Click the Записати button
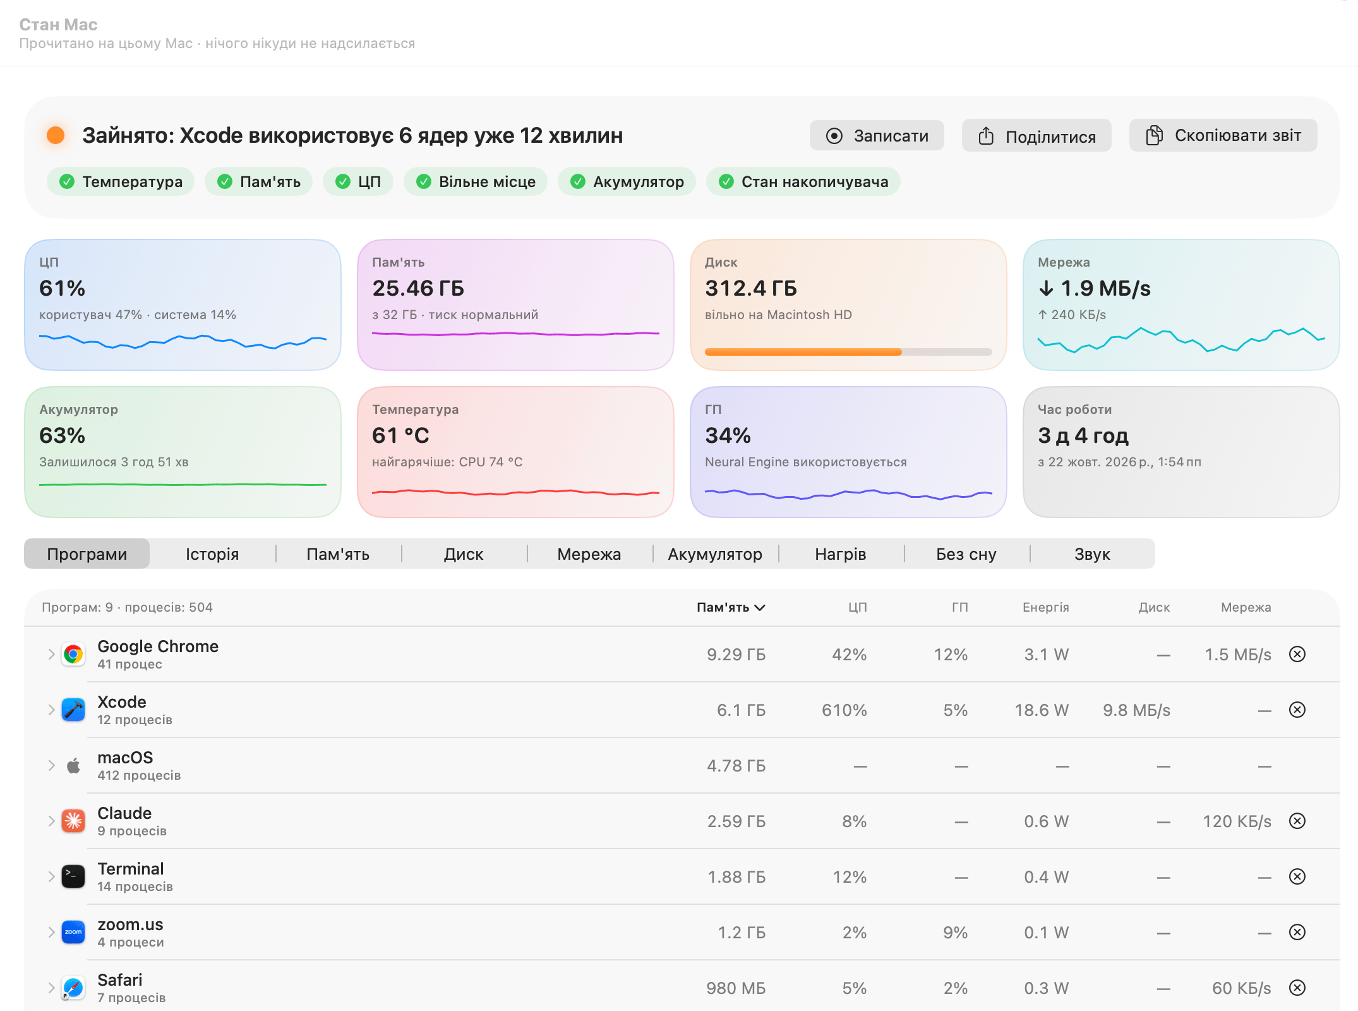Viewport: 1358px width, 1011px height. click(x=877, y=136)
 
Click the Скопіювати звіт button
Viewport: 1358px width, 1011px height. click(x=1223, y=136)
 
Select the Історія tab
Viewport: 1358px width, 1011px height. click(x=212, y=554)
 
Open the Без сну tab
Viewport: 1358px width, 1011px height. click(x=966, y=554)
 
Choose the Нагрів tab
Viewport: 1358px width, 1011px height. click(x=841, y=554)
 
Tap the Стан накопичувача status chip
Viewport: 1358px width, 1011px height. click(x=803, y=182)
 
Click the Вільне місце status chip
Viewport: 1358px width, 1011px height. click(x=476, y=182)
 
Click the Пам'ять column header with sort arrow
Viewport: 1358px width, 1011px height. click(x=731, y=607)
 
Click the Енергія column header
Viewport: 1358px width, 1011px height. click(x=1046, y=607)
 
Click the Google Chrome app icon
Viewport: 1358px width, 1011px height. click(x=73, y=655)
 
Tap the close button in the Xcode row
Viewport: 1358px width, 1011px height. click(x=1297, y=710)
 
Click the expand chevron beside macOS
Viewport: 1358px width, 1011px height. click(x=51, y=766)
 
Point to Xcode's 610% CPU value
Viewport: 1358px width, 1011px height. click(x=844, y=710)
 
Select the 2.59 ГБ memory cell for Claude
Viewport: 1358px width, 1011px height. click(x=736, y=821)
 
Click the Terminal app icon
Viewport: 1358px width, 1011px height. click(x=73, y=877)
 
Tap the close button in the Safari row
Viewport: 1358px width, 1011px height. click(x=1297, y=988)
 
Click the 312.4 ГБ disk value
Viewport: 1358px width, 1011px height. click(x=751, y=288)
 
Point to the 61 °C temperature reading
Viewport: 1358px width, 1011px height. click(x=400, y=435)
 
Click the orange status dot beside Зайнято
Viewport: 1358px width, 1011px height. click(x=56, y=135)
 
